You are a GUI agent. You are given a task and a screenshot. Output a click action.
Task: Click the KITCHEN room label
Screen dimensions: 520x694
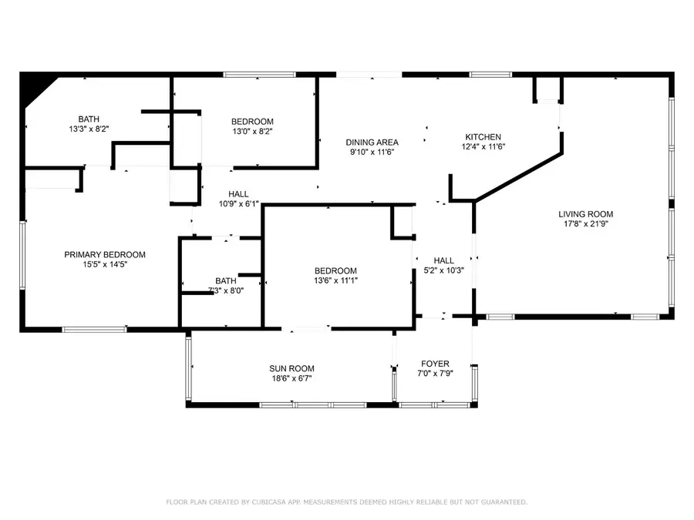tap(483, 137)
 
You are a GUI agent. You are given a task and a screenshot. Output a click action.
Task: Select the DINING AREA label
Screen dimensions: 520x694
tap(372, 143)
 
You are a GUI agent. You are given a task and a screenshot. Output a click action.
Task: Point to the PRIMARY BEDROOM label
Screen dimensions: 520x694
tap(104, 255)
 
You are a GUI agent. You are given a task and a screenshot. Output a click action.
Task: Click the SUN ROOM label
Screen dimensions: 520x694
tap(291, 369)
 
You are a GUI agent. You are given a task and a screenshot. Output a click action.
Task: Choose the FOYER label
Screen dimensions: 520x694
tap(435, 364)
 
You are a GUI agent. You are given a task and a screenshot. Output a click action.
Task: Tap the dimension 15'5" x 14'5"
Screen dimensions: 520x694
tap(104, 265)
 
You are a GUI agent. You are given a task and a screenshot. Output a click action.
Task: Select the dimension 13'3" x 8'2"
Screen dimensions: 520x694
tap(88, 129)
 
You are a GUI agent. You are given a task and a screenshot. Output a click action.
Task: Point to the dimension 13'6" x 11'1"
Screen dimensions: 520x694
tap(335, 280)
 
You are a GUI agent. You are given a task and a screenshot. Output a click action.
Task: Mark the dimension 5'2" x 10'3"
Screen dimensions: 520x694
tap(444, 270)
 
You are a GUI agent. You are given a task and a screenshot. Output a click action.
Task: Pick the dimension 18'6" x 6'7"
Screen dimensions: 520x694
tap(291, 378)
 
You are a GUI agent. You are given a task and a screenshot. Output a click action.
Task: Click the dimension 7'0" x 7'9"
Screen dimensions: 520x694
tap(435, 374)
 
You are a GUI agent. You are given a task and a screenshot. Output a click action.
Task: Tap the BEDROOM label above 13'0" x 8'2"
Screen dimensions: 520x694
tap(252, 122)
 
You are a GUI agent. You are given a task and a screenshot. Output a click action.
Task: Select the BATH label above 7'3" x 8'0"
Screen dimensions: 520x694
tap(226, 281)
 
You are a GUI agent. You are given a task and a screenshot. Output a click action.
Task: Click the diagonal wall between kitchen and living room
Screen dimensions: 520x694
tap(517, 178)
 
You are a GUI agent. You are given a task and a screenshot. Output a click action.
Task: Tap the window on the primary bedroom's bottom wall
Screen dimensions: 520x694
tap(94, 330)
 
